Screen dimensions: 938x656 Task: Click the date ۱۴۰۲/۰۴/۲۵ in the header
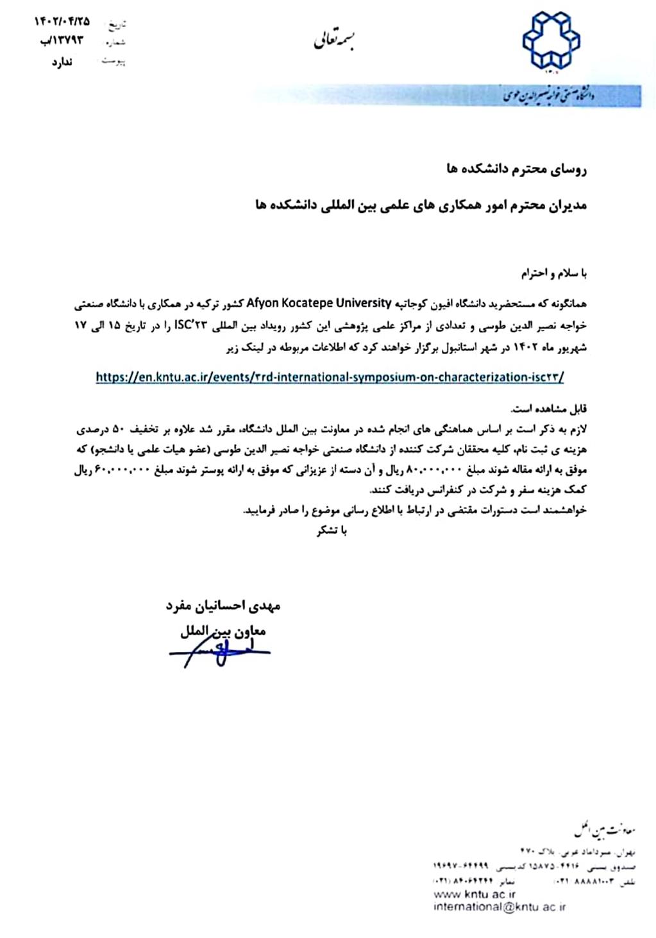click(62, 22)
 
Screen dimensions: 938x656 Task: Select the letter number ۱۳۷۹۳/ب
click(62, 41)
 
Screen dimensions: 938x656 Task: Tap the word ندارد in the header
click(62, 62)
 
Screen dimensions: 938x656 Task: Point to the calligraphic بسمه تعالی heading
click(334, 41)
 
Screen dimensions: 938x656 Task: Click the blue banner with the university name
click(571, 96)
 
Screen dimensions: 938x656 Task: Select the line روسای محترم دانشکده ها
click(517, 169)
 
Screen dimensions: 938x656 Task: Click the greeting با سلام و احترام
click(553, 273)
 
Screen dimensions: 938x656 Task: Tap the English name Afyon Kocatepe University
click(319, 302)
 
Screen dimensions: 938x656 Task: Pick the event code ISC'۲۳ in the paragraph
click(192, 326)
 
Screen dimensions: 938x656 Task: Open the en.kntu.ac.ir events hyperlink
click(330, 377)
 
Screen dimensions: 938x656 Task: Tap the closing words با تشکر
click(332, 531)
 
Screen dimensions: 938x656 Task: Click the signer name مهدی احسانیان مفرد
click(223, 605)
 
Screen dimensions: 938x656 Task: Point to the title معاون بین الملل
click(223, 631)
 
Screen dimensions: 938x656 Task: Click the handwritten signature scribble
click(218, 652)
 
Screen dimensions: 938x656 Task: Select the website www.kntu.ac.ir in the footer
click(475, 894)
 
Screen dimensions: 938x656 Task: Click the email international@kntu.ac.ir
click(500, 907)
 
